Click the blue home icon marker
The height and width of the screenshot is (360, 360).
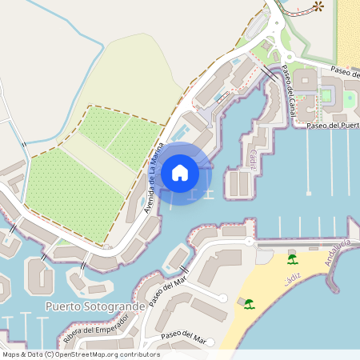coord(179,172)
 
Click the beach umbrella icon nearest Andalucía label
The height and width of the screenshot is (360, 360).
coord(292,259)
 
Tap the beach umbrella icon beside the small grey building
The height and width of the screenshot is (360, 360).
coord(250,303)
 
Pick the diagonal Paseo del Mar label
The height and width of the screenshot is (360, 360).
coord(166,296)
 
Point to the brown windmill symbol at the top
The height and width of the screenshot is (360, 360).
coord(318,6)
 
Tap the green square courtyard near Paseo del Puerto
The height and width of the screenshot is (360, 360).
coord(326,96)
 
